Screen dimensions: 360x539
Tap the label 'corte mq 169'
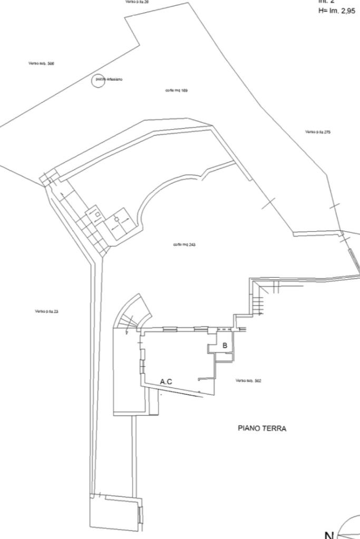pos(176,91)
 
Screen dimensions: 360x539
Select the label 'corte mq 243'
pos(184,245)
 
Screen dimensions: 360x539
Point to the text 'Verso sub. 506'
pos(41,63)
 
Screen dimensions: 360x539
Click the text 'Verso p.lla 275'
pos(317,132)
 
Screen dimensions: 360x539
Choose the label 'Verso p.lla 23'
pos(46,311)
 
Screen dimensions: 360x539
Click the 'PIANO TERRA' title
pos(262,429)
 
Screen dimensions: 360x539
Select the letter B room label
pos(225,346)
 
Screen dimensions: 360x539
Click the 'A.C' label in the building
pos(166,381)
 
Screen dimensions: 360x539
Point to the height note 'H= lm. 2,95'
pos(336,11)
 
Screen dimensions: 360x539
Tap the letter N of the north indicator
pos(329,535)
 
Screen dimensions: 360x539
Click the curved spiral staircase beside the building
pos(132,316)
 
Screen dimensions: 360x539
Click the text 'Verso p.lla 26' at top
pos(137,2)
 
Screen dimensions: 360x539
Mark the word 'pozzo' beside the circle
pos(101,79)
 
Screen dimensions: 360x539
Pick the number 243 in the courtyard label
pos(192,245)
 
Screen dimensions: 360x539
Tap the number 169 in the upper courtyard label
pos(184,91)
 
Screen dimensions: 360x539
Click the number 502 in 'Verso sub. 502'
pos(258,380)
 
